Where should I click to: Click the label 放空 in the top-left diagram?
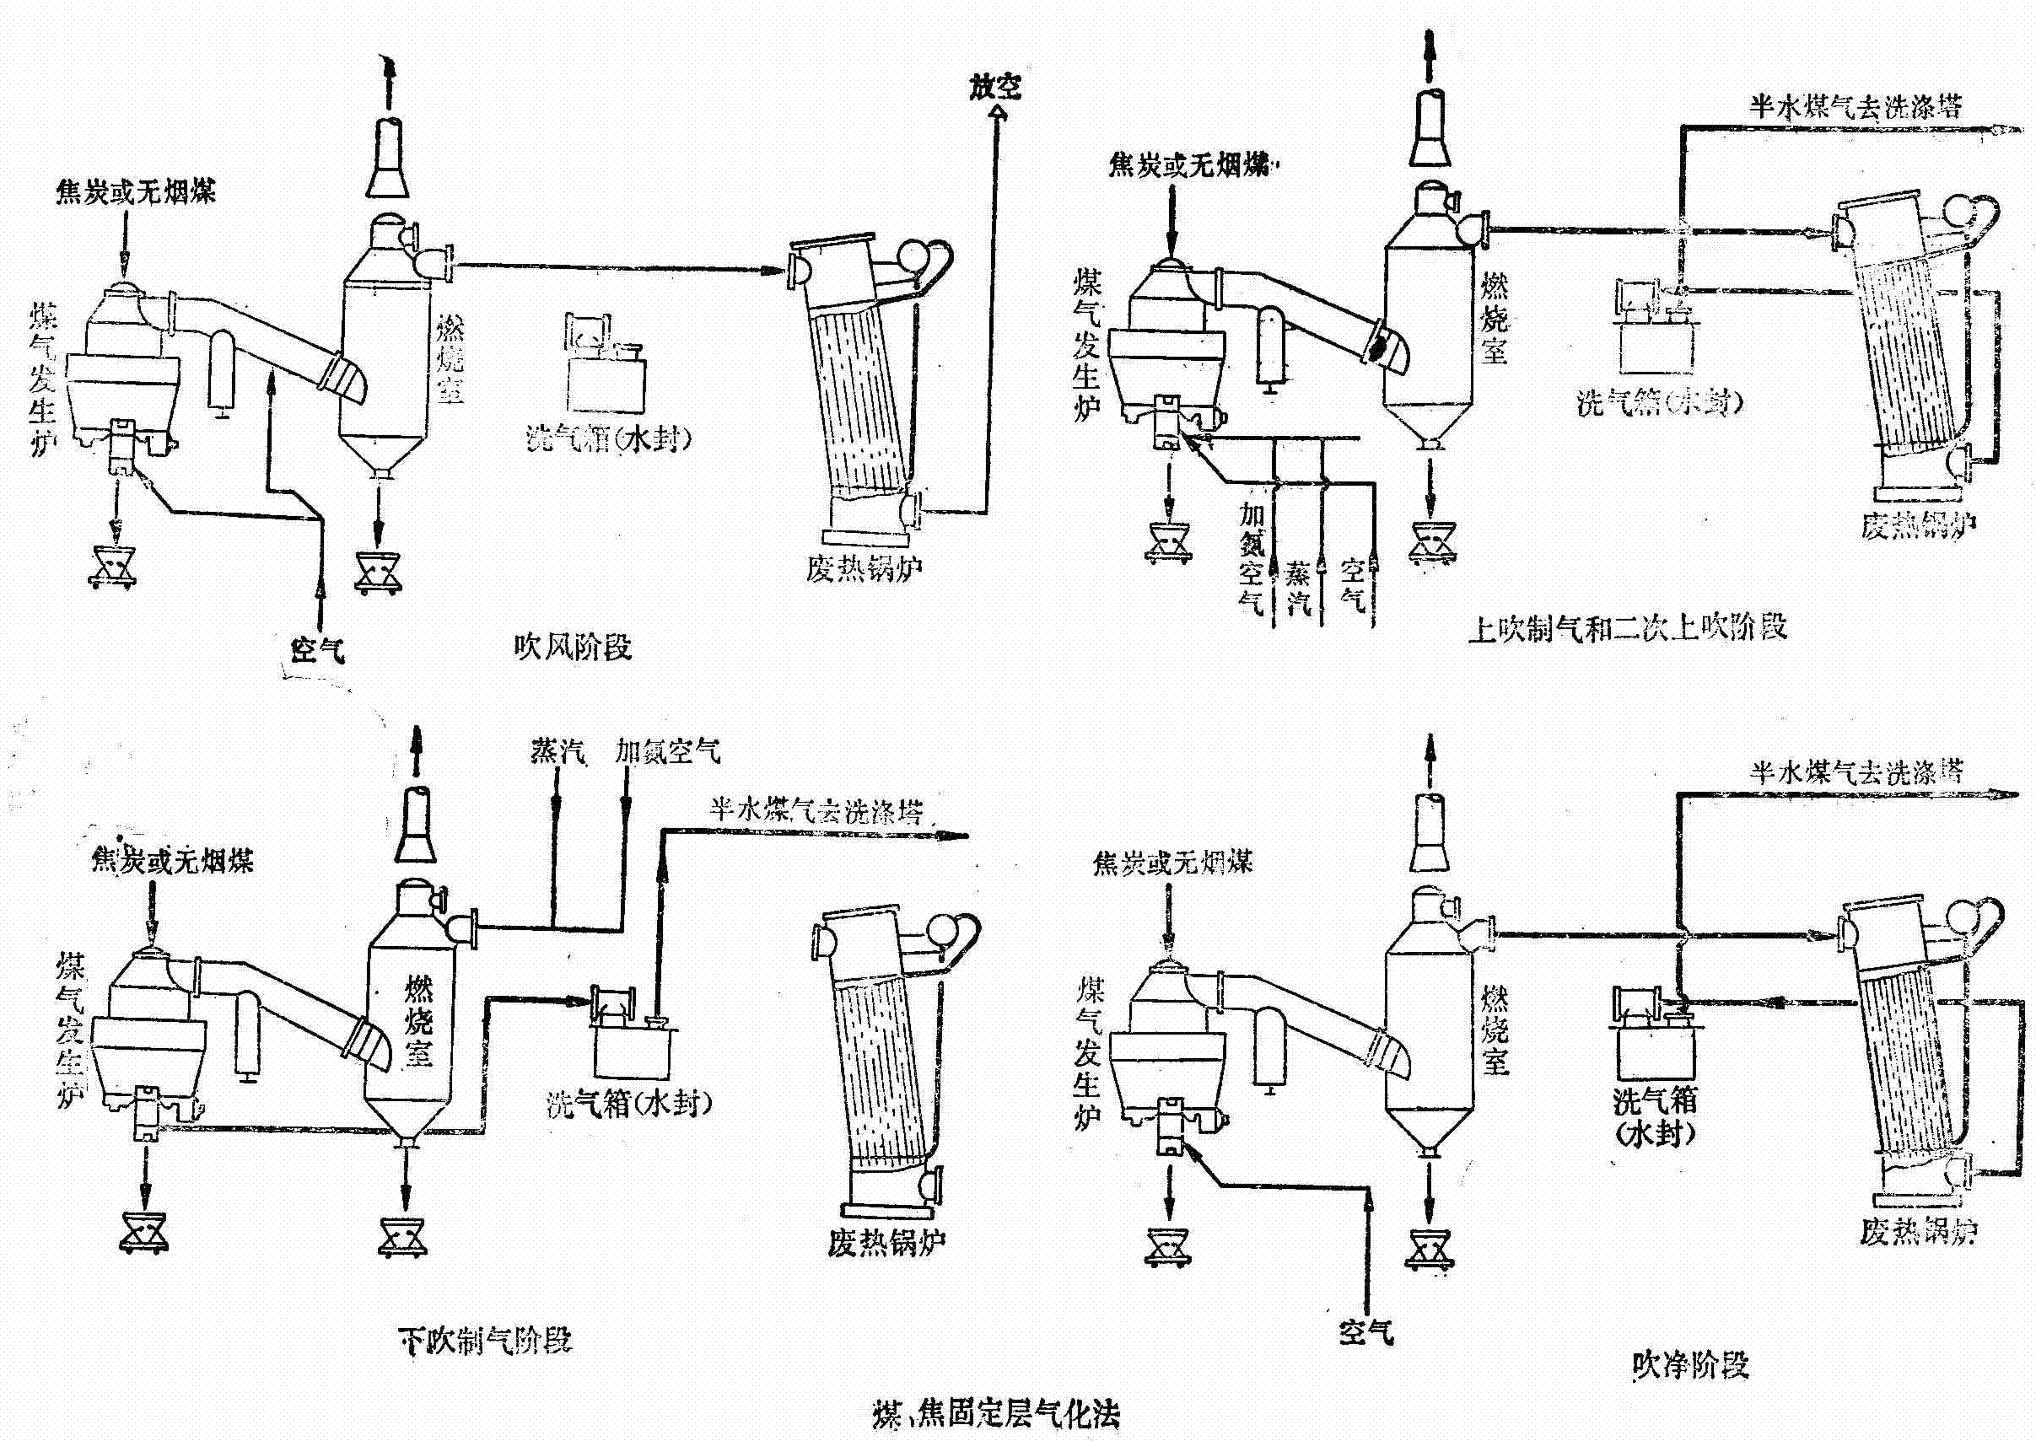pyautogui.click(x=995, y=87)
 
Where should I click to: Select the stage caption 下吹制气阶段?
pyautogui.click(x=484, y=1339)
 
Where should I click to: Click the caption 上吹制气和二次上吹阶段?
pyautogui.click(x=1627, y=628)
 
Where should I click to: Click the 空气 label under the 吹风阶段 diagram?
pyautogui.click(x=318, y=650)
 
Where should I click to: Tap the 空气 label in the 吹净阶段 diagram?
pyautogui.click(x=1366, y=1332)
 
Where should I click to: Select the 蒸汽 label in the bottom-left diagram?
pyautogui.click(x=557, y=751)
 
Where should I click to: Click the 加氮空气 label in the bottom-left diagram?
pyautogui.click(x=667, y=752)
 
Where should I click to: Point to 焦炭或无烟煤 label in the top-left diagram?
pyautogui.click(x=135, y=191)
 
